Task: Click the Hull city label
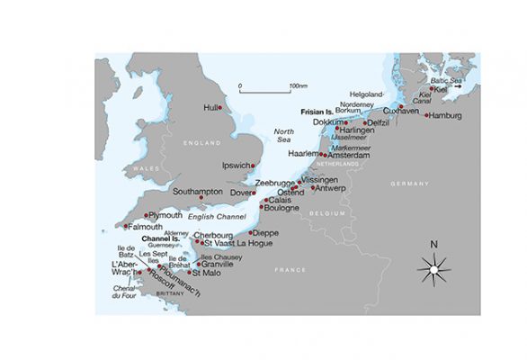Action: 212,107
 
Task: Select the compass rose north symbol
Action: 433,268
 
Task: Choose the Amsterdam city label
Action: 350,155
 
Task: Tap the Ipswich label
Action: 238,166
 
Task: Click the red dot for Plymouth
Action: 146,215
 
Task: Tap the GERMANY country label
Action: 413,183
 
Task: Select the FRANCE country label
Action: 290,269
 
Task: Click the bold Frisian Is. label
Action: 317,112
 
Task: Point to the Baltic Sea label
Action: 445,81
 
